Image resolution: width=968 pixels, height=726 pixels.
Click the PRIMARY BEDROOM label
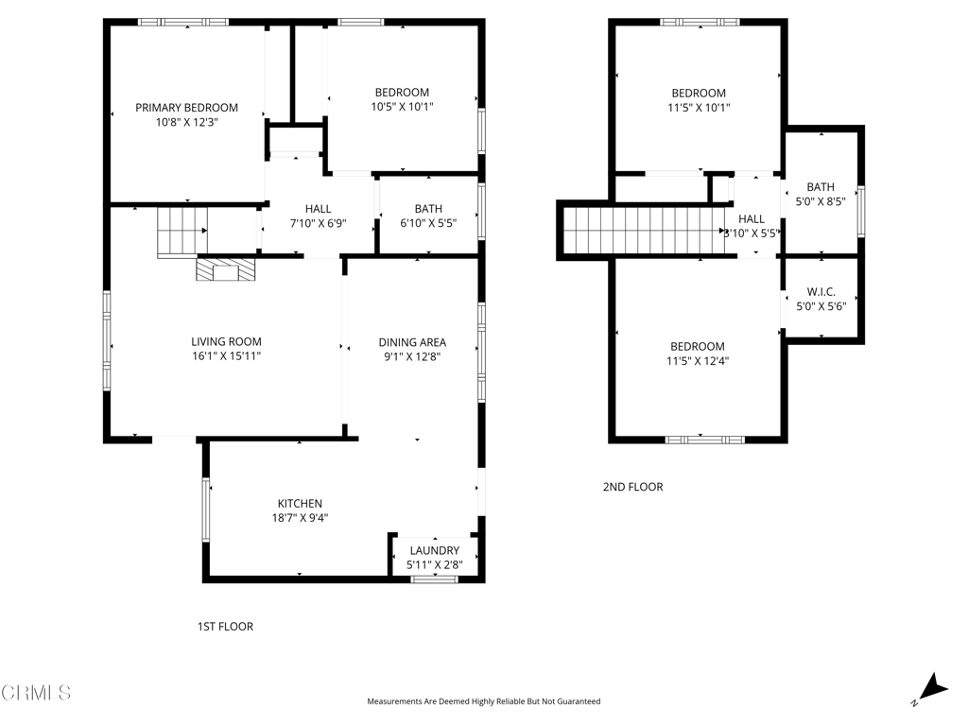coord(186,108)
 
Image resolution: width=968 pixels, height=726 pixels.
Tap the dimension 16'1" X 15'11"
coord(226,356)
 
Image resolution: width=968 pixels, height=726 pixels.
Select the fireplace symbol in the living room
coord(225,270)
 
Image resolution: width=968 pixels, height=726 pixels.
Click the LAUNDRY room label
coord(434,550)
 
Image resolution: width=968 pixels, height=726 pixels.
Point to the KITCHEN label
coord(300,504)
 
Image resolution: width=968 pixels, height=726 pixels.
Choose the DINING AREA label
coord(412,342)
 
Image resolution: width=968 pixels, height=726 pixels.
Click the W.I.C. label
coord(820,292)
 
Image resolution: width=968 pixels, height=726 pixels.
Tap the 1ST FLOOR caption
coord(225,627)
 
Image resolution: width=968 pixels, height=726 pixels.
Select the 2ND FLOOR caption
coord(632,487)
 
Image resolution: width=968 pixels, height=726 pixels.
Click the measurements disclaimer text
coord(483,701)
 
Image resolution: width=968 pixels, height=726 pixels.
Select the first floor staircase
coord(181,232)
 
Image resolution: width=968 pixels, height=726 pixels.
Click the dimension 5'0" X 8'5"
coord(820,200)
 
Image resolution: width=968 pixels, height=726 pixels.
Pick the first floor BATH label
coord(428,209)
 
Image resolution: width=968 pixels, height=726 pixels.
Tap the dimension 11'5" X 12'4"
coord(699,360)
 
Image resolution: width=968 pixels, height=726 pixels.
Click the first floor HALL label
coord(318,209)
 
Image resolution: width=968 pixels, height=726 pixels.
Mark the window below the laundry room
coord(434,579)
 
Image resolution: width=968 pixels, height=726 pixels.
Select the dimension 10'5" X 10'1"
coord(402,106)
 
